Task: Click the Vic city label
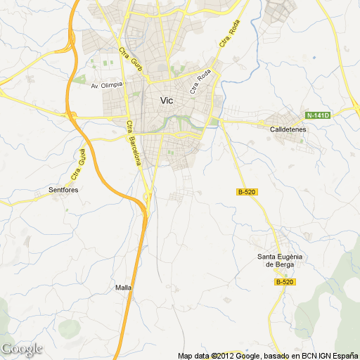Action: pyautogui.click(x=167, y=101)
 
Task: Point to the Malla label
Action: pyautogui.click(x=123, y=288)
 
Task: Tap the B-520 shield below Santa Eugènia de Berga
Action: pyautogui.click(x=283, y=282)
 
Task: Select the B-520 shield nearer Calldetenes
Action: pyautogui.click(x=245, y=191)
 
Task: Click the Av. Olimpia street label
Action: pyautogui.click(x=106, y=85)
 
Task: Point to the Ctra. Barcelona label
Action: pyautogui.click(x=134, y=143)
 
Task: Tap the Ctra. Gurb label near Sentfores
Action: pyautogui.click(x=78, y=164)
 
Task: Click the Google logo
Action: pyautogui.click(x=22, y=349)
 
